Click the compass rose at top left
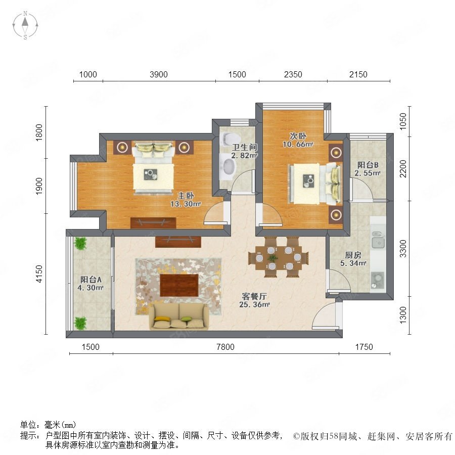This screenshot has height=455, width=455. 25,25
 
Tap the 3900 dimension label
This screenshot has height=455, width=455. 158,75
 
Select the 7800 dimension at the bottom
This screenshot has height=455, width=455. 225,347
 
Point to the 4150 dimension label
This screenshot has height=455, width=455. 39,274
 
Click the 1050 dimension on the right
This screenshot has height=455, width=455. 403,121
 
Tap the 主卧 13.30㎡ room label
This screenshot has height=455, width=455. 186,200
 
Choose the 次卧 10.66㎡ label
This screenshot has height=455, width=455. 298,140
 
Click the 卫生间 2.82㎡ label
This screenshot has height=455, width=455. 244,151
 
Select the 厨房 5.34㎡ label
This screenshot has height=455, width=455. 353,259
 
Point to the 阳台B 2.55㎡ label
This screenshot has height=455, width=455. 368,169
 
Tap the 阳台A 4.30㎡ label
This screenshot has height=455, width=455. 90,284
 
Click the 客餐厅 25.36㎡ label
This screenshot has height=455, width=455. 254,300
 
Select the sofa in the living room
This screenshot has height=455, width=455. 179,316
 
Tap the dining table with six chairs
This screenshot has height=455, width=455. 279,257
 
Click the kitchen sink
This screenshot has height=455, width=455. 378,240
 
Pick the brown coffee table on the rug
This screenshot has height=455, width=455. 179,285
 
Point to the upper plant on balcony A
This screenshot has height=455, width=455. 80,244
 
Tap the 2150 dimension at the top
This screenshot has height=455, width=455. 358,75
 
